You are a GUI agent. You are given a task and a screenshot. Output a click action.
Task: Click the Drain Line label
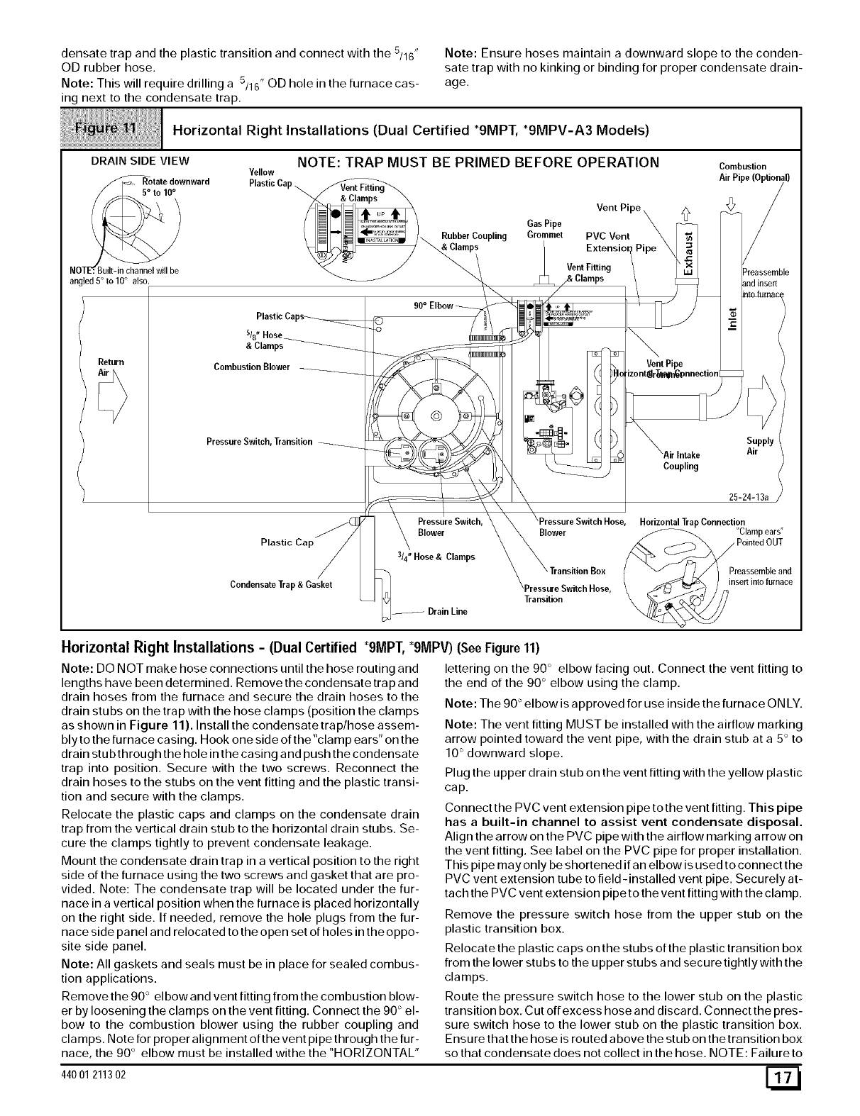[448, 610]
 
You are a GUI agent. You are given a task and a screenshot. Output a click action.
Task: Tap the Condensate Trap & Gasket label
[281, 584]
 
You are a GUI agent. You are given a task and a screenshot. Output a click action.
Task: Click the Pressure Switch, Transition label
[259, 442]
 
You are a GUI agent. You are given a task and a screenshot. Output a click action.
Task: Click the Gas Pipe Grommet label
[544, 230]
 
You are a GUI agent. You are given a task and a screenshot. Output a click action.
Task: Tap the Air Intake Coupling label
[681, 460]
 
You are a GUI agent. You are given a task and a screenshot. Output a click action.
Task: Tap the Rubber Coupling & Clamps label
[465, 241]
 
